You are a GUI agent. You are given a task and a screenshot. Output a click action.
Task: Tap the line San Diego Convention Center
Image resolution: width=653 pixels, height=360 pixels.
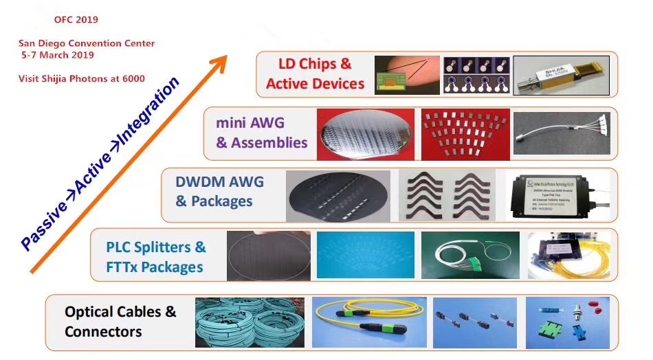click(x=87, y=43)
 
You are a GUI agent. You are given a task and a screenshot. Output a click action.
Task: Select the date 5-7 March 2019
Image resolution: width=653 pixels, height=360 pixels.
click(x=58, y=55)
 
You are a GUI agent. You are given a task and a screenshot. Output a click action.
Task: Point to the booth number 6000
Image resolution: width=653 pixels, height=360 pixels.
click(x=133, y=78)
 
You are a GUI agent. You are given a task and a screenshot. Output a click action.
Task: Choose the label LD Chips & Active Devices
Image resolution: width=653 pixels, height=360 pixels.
click(x=315, y=74)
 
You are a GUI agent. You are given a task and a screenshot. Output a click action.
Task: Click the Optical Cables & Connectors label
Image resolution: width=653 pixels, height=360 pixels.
click(x=120, y=322)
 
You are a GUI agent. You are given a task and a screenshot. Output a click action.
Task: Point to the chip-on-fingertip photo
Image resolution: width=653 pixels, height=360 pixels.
click(x=405, y=75)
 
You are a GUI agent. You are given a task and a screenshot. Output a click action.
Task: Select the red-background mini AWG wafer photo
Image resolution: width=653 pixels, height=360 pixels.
click(x=365, y=133)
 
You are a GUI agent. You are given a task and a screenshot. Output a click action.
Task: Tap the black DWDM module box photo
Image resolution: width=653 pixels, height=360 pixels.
click(x=556, y=194)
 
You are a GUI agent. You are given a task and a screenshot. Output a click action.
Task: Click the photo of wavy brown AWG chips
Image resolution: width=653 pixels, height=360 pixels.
click(x=450, y=194)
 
